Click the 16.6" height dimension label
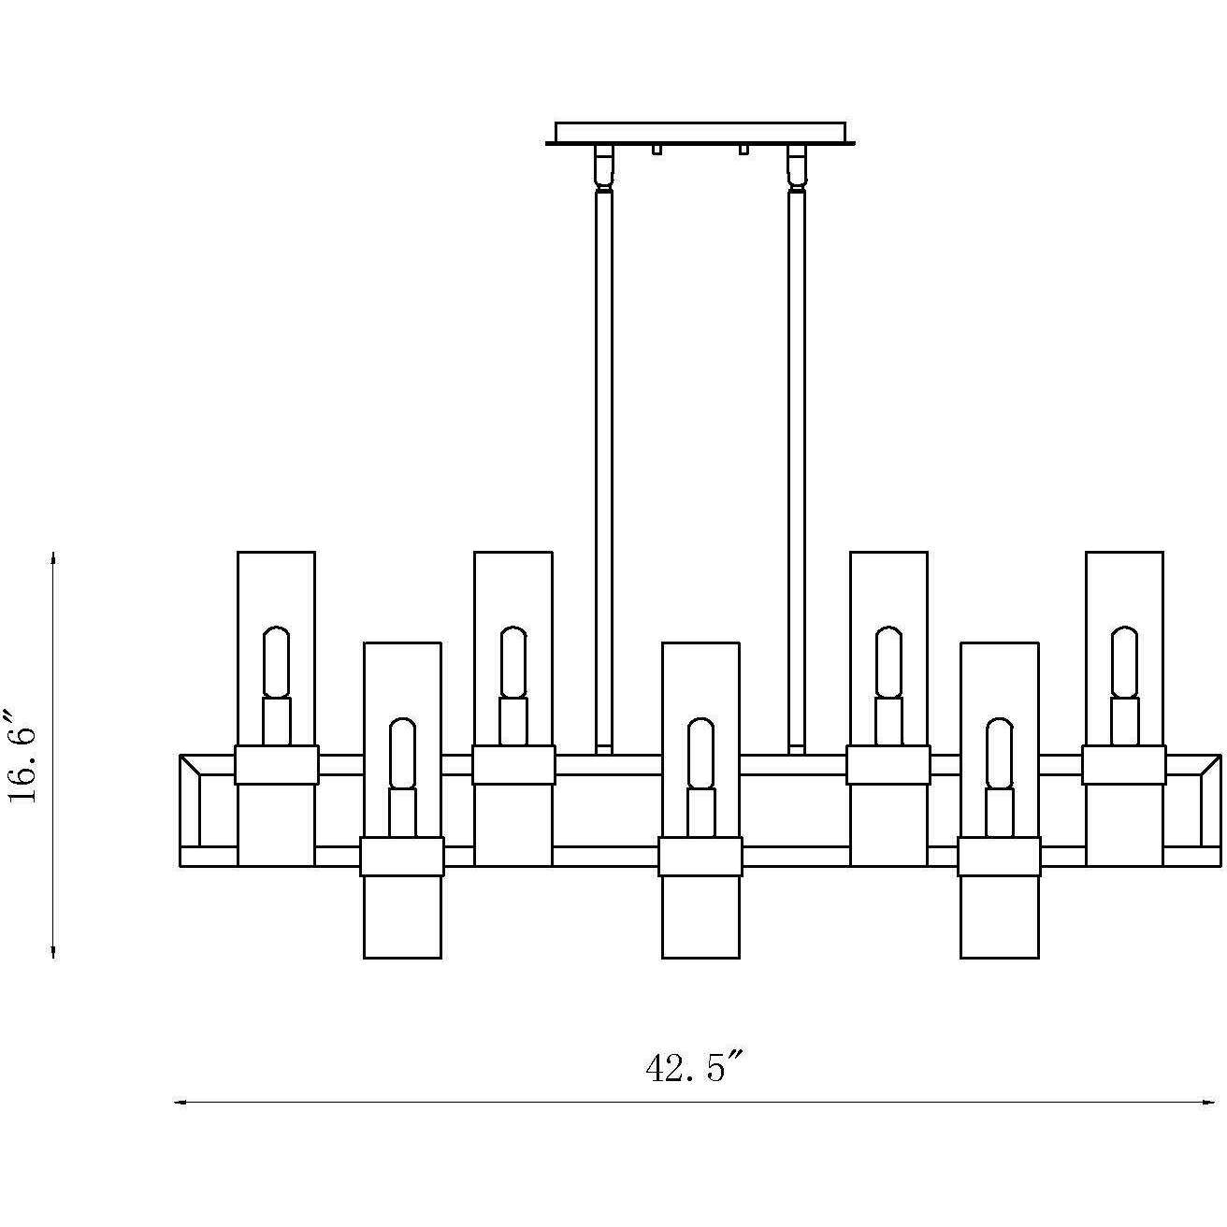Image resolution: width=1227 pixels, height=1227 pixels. coord(22,757)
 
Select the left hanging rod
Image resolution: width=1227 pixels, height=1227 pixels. coord(603,468)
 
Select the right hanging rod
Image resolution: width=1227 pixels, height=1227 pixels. coord(797,468)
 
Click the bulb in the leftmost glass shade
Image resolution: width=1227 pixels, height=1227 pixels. coord(276,661)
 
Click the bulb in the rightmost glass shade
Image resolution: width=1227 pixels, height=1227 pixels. coord(1124,661)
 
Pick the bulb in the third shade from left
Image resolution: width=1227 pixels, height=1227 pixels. coord(512,661)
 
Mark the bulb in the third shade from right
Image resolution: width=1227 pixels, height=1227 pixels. coord(888,661)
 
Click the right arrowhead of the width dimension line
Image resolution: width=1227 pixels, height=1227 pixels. coord(1209,1103)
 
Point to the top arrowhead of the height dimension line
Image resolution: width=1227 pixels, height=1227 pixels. coord(53,557)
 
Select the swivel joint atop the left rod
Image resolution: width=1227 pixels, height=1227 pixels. coord(603,167)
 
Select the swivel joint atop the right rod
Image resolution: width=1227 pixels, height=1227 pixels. coord(797,167)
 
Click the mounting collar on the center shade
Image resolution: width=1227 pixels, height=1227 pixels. coord(700,856)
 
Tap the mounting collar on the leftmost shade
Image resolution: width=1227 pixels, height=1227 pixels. coord(276,764)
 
